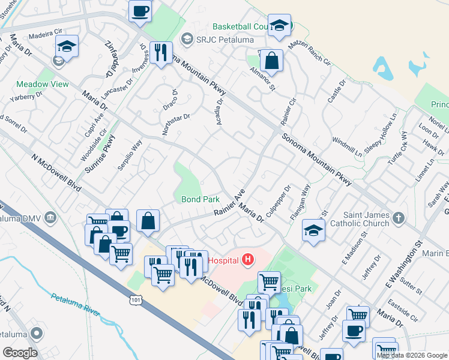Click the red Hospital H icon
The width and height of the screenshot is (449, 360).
(247, 260)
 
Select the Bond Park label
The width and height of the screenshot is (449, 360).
(200, 199)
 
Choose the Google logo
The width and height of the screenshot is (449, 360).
(20, 353)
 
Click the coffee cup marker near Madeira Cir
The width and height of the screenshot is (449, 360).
(140, 11)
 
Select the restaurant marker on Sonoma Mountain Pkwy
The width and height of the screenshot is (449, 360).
(161, 53)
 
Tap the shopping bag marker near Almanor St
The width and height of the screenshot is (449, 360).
(271, 61)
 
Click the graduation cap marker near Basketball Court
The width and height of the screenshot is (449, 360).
(279, 26)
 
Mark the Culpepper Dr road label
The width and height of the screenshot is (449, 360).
(282, 197)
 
